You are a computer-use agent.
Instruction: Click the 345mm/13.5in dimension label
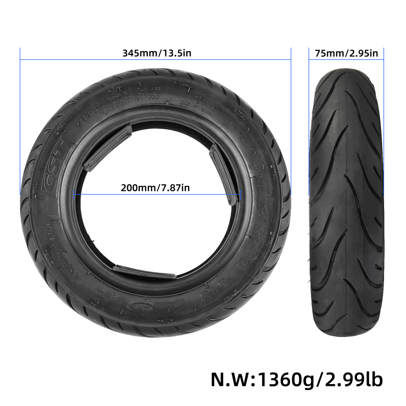tap(155, 53)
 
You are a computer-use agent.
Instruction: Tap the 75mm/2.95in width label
tap(346, 53)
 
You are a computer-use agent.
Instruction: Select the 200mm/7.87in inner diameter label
tap(155, 188)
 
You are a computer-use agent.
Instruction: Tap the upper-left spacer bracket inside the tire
tap(108, 149)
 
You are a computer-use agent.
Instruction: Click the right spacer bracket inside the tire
tap(223, 175)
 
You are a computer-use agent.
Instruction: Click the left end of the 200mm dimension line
tap(74, 194)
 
